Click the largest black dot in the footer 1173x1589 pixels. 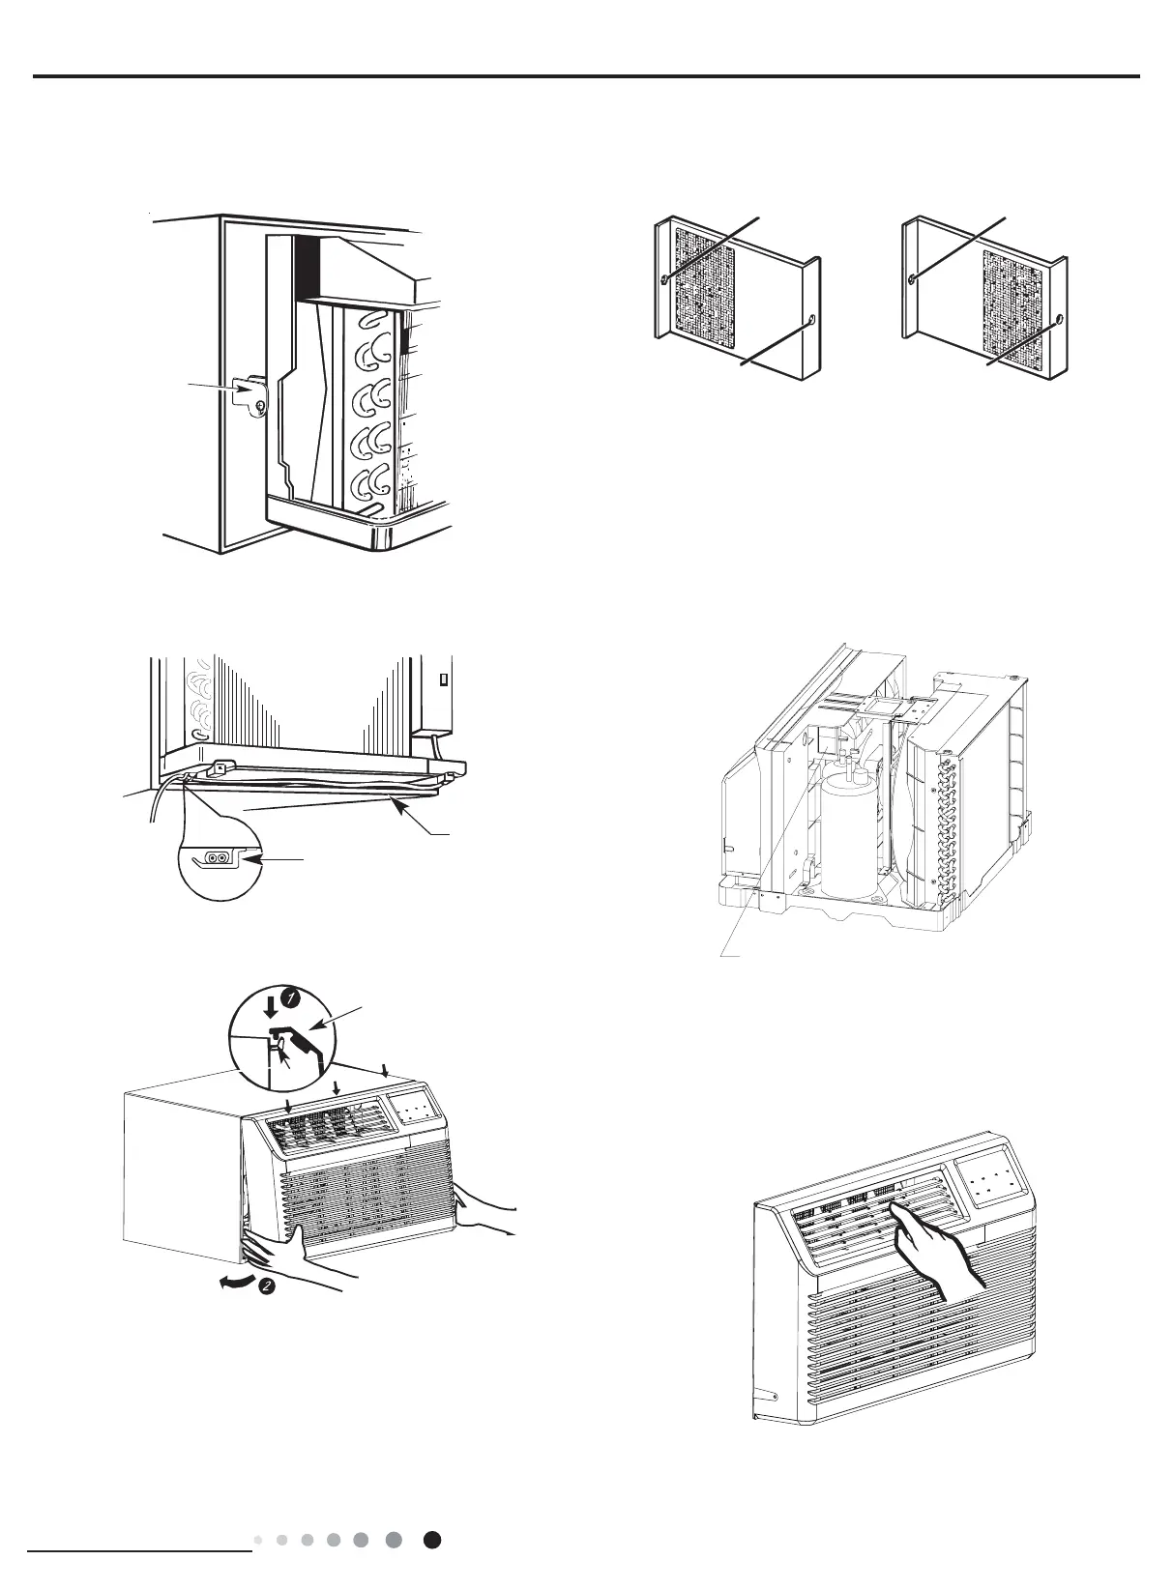(x=433, y=1540)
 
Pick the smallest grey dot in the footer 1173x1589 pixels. (x=257, y=1540)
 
